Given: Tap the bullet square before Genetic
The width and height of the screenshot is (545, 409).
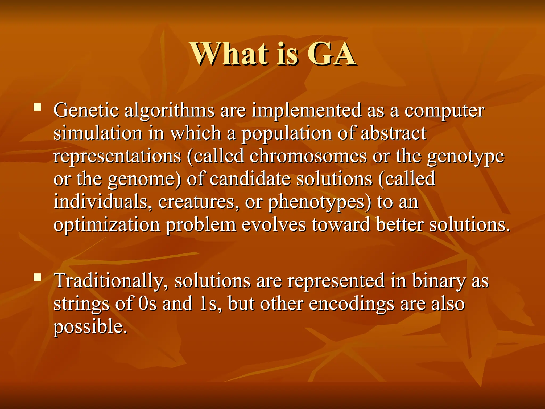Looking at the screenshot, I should pos(37,107).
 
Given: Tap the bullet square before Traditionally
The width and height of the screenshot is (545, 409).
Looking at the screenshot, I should pos(37,277).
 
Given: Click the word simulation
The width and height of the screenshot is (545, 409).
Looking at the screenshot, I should pos(98,133).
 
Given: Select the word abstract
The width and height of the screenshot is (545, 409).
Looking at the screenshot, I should pos(393,133).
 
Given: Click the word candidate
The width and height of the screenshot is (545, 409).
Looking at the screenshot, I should pos(250,179).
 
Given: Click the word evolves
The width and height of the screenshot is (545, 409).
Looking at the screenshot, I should pos(274,225).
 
